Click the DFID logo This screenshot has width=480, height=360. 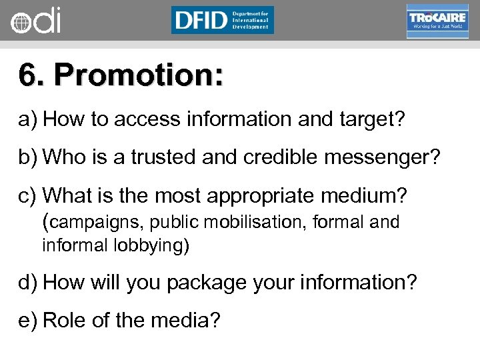point(222,20)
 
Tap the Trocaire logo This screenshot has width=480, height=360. point(437,21)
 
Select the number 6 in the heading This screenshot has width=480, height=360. point(27,76)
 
